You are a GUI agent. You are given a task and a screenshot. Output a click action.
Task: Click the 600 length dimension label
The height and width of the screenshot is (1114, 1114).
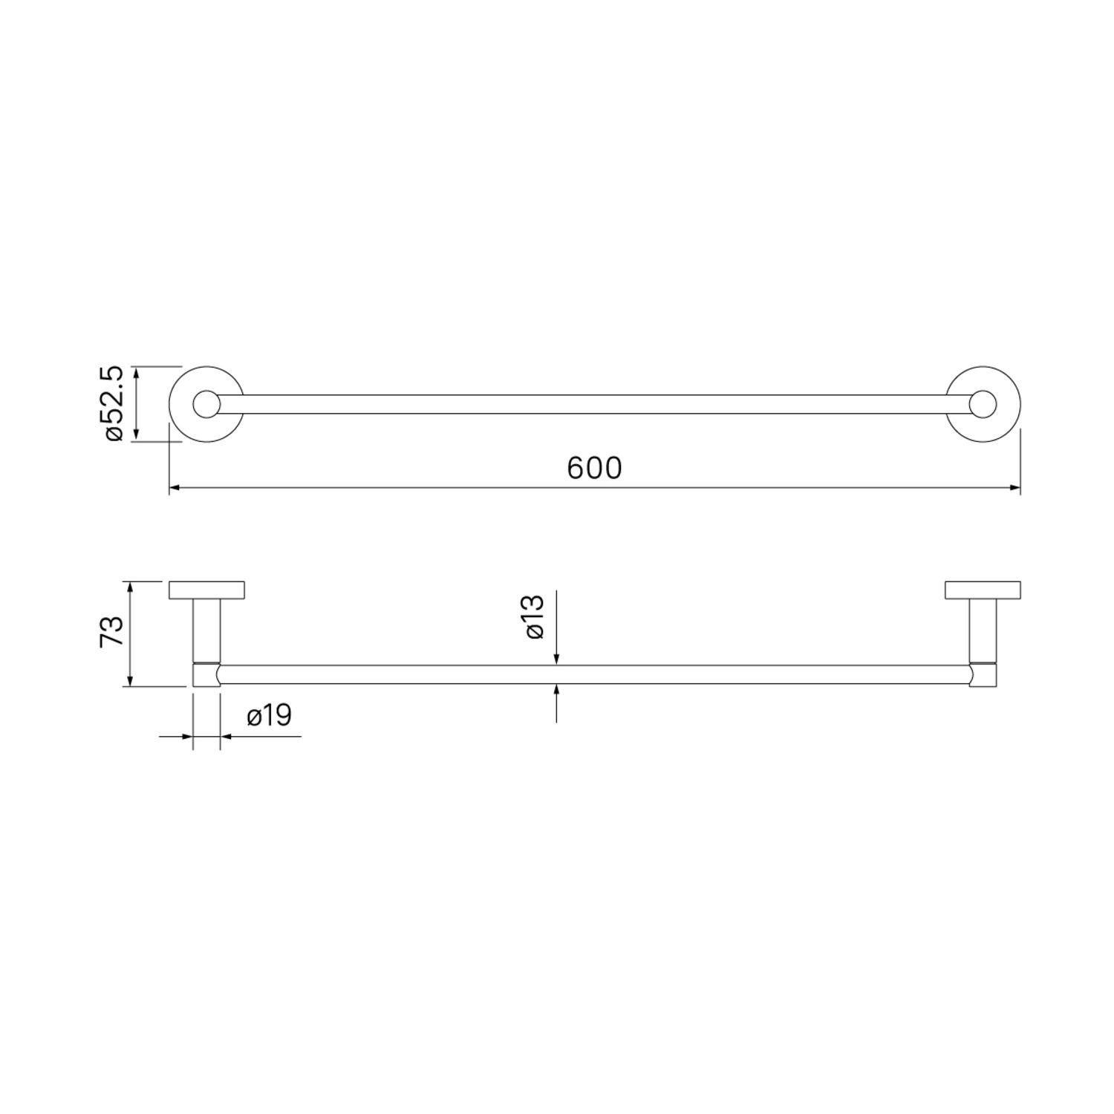point(594,469)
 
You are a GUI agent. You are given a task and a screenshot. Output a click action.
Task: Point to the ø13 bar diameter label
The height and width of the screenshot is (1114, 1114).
point(535,616)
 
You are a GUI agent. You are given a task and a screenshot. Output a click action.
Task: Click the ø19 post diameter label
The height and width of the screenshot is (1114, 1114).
point(269,716)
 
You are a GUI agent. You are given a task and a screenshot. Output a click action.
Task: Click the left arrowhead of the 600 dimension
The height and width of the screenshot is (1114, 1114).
point(175,488)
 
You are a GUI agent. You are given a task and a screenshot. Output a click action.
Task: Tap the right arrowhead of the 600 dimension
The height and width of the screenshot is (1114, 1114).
point(1014,488)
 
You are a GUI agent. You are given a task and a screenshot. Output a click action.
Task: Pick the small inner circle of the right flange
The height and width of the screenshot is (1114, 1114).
point(983,404)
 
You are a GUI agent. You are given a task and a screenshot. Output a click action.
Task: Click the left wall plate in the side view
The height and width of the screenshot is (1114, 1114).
point(207,589)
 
